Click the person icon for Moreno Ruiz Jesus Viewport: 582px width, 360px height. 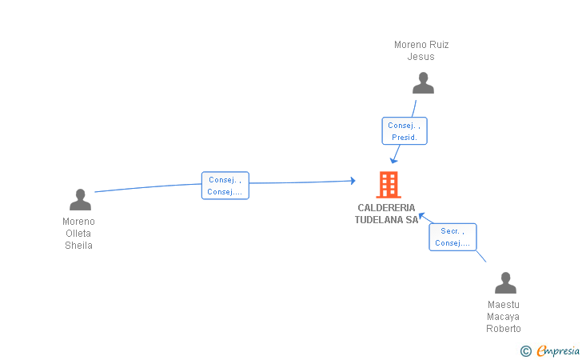(423, 83)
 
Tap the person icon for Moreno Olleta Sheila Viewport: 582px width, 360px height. (80, 199)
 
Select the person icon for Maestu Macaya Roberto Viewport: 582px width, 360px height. (505, 282)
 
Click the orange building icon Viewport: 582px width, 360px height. (389, 185)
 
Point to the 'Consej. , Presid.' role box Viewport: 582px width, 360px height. (405, 130)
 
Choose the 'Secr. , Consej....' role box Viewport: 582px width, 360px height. (452, 237)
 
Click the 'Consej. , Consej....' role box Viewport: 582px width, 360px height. (225, 186)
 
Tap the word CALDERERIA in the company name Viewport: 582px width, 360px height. (386, 208)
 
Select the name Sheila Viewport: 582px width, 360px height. (78, 246)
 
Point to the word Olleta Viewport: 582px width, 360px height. (78, 234)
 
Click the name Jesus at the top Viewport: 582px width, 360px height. (421, 57)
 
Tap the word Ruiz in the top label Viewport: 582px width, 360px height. (439, 45)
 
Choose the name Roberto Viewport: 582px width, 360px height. (504, 329)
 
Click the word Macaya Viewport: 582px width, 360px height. (504, 317)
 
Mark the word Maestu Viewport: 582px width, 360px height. (504, 305)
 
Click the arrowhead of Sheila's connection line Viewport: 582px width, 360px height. (353, 181)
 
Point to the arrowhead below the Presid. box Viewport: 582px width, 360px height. (393, 161)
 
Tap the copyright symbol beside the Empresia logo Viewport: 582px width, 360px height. (526, 351)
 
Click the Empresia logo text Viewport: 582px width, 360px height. (558, 351)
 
